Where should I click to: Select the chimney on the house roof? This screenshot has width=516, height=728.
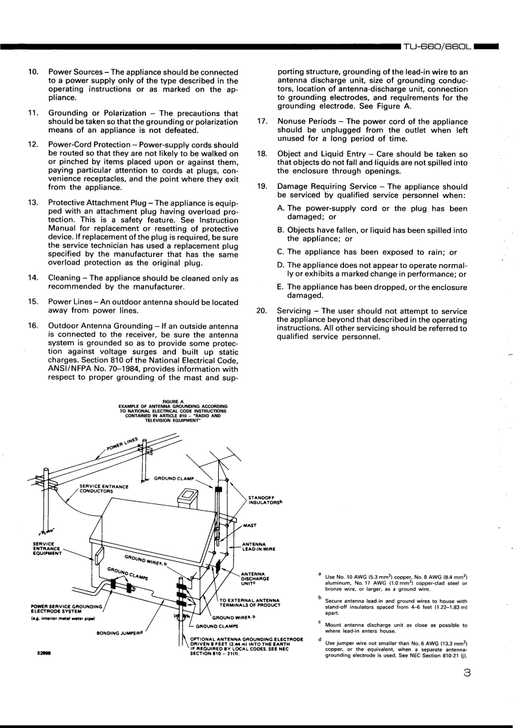pos(189,497)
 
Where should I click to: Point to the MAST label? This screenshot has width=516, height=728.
pos(250,526)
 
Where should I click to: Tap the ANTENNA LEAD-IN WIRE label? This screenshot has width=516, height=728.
pos(260,546)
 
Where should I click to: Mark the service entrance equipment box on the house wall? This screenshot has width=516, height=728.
pos(99,555)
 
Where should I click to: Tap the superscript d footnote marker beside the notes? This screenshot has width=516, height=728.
pos(319,638)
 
